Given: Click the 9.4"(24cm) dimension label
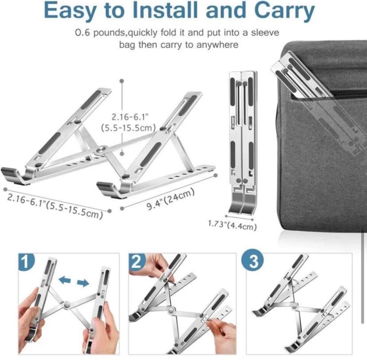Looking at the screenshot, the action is [x=171, y=199].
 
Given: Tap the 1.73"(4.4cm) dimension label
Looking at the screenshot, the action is [x=232, y=225].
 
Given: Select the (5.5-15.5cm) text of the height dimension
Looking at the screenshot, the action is [x=129, y=128].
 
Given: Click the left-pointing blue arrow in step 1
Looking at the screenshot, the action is [x=65, y=280].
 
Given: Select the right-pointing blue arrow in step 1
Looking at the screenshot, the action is [x=83, y=283].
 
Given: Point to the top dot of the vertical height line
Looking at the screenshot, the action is [x=121, y=81].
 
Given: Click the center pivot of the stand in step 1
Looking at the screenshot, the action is [x=67, y=304].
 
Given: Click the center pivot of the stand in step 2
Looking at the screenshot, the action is [x=171, y=310].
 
